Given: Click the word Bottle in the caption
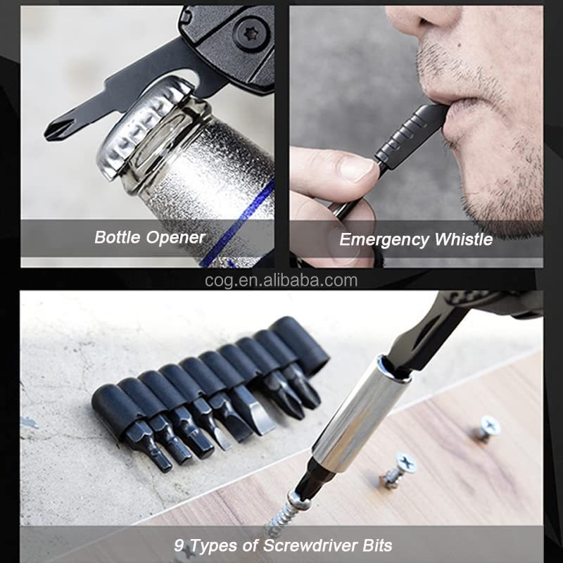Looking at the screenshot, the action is [x=117, y=237].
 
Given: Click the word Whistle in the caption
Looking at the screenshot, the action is [x=464, y=239].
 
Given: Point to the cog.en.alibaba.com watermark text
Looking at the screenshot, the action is [x=281, y=281].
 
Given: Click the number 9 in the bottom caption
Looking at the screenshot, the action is [x=179, y=545].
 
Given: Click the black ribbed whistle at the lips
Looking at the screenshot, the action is [x=410, y=136].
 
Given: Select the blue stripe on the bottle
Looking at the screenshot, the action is [x=238, y=222].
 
